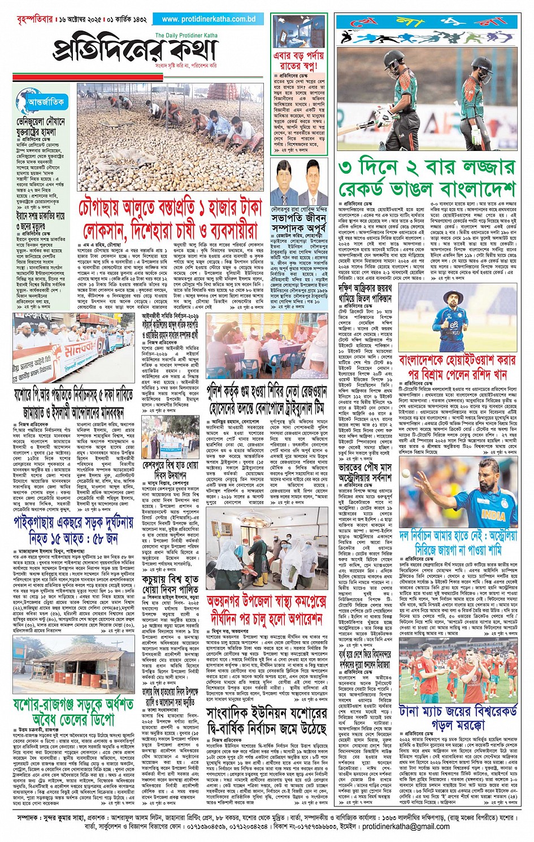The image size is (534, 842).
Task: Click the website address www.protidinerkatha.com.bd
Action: (209, 19)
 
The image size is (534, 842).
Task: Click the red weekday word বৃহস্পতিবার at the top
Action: (25, 19)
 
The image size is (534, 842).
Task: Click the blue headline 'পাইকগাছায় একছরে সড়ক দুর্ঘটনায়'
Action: (73, 529)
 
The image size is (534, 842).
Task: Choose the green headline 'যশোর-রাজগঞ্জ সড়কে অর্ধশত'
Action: (73, 711)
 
